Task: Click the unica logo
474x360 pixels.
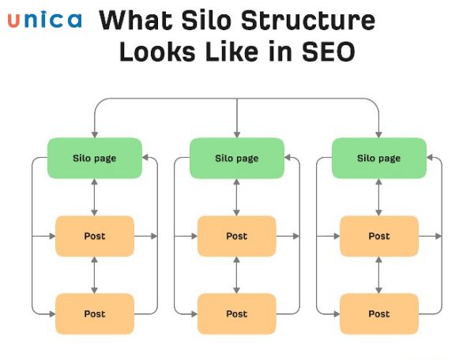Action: pos(45,20)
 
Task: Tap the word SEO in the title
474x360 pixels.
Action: pos(329,51)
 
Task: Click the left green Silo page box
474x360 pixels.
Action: pos(95,158)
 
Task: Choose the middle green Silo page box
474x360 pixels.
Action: pos(237,158)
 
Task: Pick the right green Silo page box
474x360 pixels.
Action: pos(379,158)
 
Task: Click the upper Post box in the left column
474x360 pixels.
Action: pos(95,236)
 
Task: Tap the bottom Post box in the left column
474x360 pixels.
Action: pos(95,313)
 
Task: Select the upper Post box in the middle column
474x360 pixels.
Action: pos(237,236)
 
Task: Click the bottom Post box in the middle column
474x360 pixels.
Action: pos(237,313)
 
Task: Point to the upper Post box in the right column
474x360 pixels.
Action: pos(379,236)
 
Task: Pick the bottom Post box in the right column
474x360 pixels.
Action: pos(379,313)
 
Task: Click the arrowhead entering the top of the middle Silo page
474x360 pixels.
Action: pos(237,134)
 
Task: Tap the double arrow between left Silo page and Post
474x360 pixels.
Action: pos(95,197)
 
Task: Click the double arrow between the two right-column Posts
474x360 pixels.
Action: pos(378,275)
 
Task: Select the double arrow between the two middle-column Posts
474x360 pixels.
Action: pos(237,275)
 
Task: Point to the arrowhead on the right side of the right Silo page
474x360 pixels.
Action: pos(430,157)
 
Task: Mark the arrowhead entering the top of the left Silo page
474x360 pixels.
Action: pos(95,134)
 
